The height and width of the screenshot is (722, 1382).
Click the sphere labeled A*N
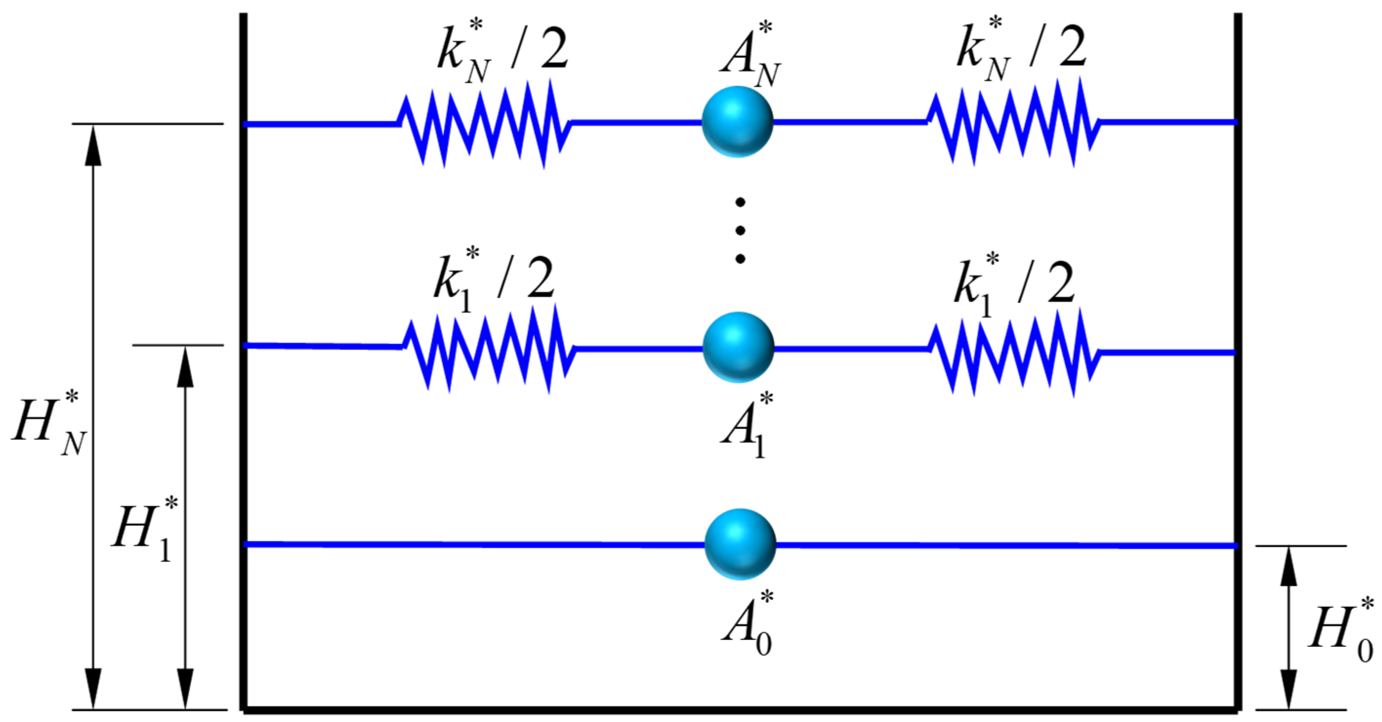737,122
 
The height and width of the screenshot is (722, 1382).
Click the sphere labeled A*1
738,347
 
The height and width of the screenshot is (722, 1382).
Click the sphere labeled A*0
740,544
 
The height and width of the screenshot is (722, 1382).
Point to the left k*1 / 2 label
494,281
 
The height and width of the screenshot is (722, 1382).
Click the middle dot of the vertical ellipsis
741,230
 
